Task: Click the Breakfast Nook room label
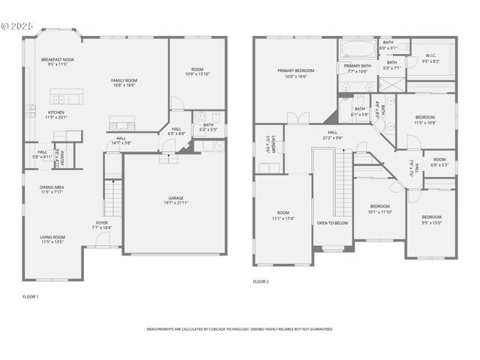pyautogui.click(x=58, y=59)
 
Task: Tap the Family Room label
pyautogui.click(x=124, y=80)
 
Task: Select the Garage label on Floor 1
pyautogui.click(x=175, y=197)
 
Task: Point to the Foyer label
pyautogui.click(x=101, y=222)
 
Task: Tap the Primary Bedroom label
pyautogui.click(x=295, y=70)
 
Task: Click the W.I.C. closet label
pyautogui.click(x=430, y=56)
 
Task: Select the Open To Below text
pyautogui.click(x=332, y=223)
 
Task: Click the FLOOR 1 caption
pyautogui.click(x=30, y=297)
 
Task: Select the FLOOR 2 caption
pyautogui.click(x=261, y=281)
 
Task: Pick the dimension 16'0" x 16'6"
pyautogui.click(x=295, y=76)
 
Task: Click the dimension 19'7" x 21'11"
pyautogui.click(x=175, y=203)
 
